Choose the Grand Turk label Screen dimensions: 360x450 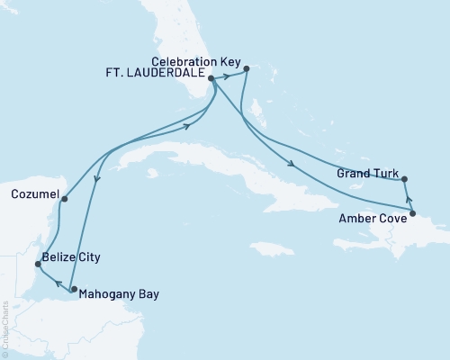tap(364, 172)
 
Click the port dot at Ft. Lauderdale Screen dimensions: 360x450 tap(211, 78)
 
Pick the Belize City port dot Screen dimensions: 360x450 tap(37, 264)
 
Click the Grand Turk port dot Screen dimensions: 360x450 tap(404, 178)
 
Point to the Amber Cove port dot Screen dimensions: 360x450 tap(412, 213)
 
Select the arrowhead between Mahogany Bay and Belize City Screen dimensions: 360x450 tap(53, 281)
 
